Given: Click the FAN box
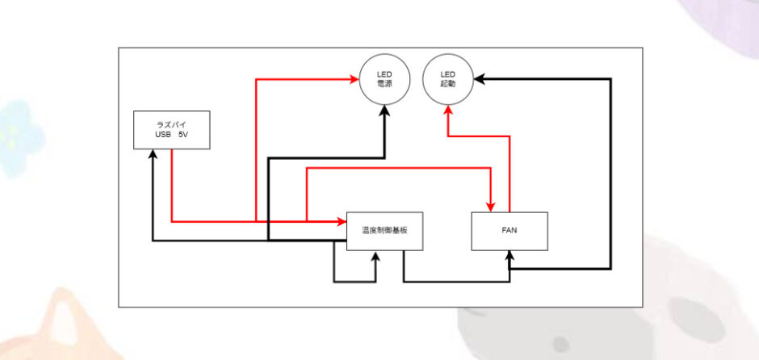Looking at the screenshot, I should (509, 231).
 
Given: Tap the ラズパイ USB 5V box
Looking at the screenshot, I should (171, 130).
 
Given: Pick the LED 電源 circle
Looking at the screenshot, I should (384, 80).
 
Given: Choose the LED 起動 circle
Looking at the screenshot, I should (447, 80).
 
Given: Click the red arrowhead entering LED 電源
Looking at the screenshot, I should (355, 79).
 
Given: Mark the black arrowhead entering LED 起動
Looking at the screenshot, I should (478, 79).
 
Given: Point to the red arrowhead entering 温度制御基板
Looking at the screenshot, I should (342, 220).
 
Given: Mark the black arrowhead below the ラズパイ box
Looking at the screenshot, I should (153, 154).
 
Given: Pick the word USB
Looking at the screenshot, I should (162, 135).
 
